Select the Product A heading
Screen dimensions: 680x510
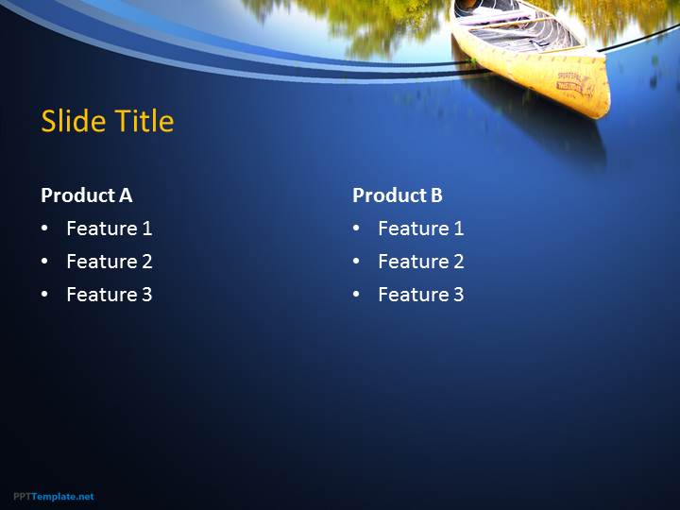click(x=86, y=195)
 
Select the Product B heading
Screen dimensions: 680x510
click(x=398, y=195)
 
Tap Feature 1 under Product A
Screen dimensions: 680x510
click(x=110, y=229)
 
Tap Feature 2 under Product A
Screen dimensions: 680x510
click(x=110, y=262)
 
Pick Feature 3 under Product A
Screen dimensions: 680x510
click(x=110, y=295)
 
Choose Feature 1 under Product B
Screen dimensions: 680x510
click(x=420, y=229)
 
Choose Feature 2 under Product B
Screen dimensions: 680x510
click(x=420, y=262)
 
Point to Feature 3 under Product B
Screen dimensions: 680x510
click(x=420, y=295)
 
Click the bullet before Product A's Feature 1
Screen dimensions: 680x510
click(x=44, y=229)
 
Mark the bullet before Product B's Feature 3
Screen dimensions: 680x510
click(x=356, y=294)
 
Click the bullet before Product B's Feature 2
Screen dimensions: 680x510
click(x=356, y=261)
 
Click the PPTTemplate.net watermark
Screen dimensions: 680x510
click(x=53, y=497)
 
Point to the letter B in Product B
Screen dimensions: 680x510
click(x=436, y=195)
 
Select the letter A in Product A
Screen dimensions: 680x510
click(x=126, y=195)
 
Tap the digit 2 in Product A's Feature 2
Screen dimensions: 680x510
click(x=147, y=262)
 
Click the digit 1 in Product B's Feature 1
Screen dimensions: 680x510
click(x=459, y=229)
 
